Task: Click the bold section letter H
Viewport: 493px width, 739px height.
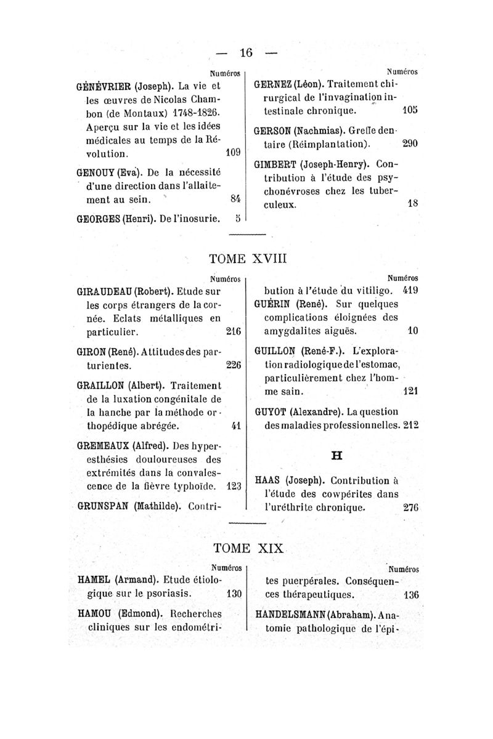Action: tap(336, 455)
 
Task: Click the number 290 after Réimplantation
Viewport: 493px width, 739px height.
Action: tap(410, 143)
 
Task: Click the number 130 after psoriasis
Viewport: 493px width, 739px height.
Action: tap(232, 595)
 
